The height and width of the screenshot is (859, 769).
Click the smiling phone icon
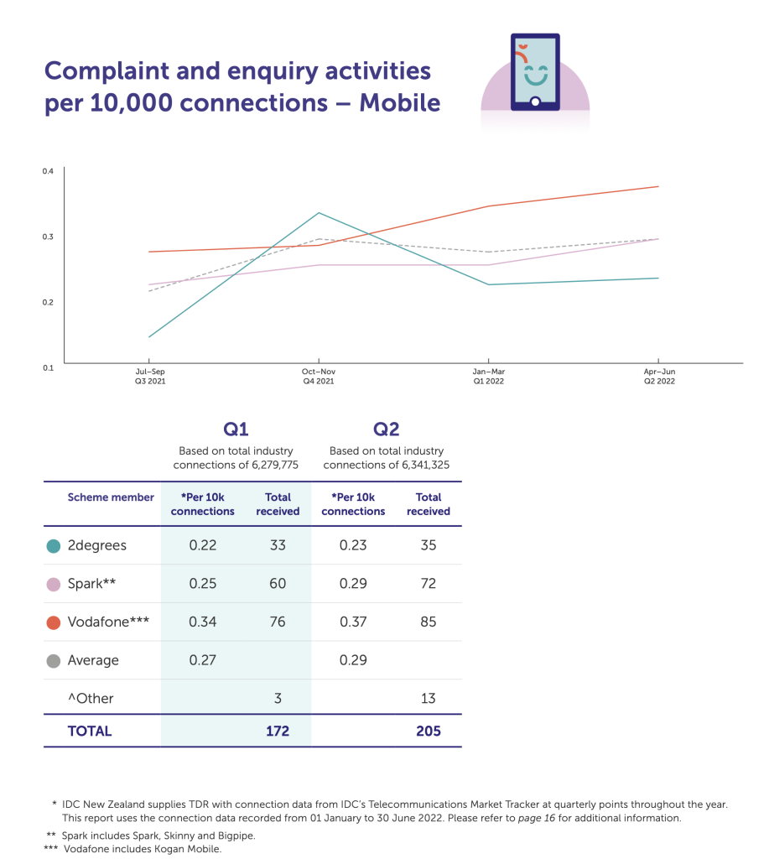tap(535, 72)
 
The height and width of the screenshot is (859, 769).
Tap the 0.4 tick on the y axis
tap(48, 171)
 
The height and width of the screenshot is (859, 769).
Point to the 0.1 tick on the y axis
tap(48, 367)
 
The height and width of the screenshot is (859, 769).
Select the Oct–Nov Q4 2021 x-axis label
tap(319, 376)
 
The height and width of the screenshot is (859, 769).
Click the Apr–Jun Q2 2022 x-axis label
tap(658, 376)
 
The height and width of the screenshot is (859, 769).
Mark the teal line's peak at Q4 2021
tap(319, 213)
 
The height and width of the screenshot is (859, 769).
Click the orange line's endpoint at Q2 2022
tap(658, 186)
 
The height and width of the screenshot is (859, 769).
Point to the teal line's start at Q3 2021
tap(148, 337)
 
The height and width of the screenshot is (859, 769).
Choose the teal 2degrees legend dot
tap(54, 546)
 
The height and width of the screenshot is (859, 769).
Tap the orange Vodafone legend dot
tap(54, 622)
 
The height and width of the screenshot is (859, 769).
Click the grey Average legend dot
tap(54, 661)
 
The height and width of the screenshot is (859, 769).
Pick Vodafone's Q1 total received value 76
tap(278, 622)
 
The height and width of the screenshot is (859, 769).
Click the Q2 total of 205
tap(428, 731)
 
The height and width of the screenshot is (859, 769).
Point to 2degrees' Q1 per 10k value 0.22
tap(202, 545)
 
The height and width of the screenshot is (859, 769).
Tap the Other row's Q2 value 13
tap(428, 699)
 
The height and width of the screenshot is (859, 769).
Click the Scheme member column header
tap(111, 497)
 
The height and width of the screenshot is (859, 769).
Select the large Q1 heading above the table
tap(236, 429)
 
